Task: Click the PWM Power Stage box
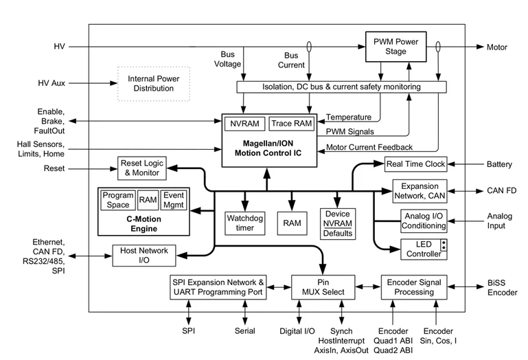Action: pyautogui.click(x=395, y=47)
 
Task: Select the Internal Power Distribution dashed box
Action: pyautogui.click(x=154, y=84)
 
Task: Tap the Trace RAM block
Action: pyautogui.click(x=292, y=124)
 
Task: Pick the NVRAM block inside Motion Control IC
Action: pyautogui.click(x=245, y=124)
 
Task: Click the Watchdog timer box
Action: pyautogui.click(x=245, y=223)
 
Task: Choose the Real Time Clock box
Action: pyautogui.click(x=416, y=164)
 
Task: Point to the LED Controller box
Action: pyautogui.click(x=424, y=249)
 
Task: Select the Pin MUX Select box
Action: pyautogui.click(x=323, y=287)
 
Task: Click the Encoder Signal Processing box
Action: pyautogui.click(x=414, y=287)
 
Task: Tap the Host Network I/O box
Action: pyautogui.click(x=144, y=256)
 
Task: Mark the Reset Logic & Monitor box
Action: pyautogui.click(x=141, y=168)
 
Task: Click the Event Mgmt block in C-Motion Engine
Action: pyautogui.click(x=174, y=200)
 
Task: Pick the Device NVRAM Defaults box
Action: pyautogui.click(x=338, y=224)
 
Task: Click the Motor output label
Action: pyautogui.click(x=496, y=47)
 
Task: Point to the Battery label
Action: pyautogui.click(x=499, y=164)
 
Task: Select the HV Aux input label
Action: pyautogui.click(x=51, y=83)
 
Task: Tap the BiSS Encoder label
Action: pyautogui.click(x=502, y=288)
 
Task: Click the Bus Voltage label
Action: pyautogui.click(x=228, y=59)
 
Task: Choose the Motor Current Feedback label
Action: pyautogui.click(x=369, y=147)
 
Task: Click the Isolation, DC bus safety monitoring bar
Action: pyautogui.click(x=341, y=87)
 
